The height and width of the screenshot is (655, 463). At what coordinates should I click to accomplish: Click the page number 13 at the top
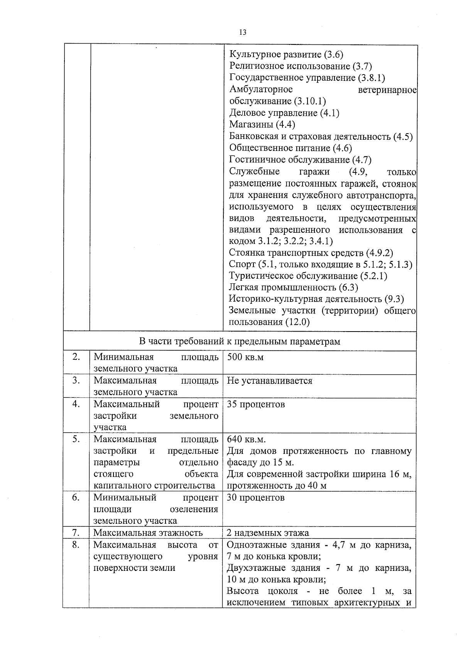pos(243,32)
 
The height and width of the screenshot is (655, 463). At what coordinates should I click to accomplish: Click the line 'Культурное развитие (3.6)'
pos(286,55)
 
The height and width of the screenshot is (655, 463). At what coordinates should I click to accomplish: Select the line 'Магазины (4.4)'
pos(262,125)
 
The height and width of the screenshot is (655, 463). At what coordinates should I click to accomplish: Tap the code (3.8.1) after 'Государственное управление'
pos(372,78)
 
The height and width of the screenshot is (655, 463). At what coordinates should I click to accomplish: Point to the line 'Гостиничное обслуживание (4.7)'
pos(300,160)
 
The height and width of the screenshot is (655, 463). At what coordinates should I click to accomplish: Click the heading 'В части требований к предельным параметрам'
pos(240,342)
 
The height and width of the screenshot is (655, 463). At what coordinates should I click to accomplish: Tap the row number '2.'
pos(76,357)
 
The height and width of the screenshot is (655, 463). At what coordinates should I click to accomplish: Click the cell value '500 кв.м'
pos(245,357)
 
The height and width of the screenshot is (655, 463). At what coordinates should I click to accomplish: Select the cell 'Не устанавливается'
pos(269,381)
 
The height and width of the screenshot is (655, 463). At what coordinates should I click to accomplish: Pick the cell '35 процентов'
pos(256,405)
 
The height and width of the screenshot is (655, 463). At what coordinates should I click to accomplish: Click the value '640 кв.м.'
pos(246,440)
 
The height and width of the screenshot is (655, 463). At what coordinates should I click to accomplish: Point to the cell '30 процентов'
pos(255,498)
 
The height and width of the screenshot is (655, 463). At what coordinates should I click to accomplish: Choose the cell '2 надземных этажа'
pos(268,533)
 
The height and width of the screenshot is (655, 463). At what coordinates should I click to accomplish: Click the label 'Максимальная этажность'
pos(148,533)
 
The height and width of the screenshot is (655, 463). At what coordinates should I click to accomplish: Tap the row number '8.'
pos(76,545)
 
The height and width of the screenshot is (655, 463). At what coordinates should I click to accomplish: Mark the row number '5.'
pos(76,440)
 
